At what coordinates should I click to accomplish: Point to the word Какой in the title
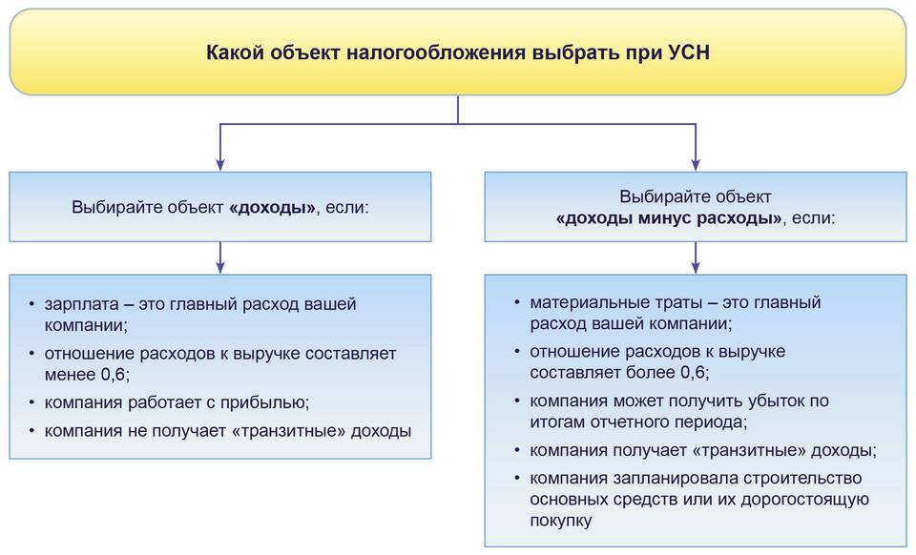(233, 52)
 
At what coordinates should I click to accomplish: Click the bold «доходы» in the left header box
(272, 206)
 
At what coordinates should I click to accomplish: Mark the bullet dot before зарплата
(31, 305)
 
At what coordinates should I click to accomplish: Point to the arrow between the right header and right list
(696, 257)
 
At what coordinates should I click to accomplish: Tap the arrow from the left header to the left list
(220, 257)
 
